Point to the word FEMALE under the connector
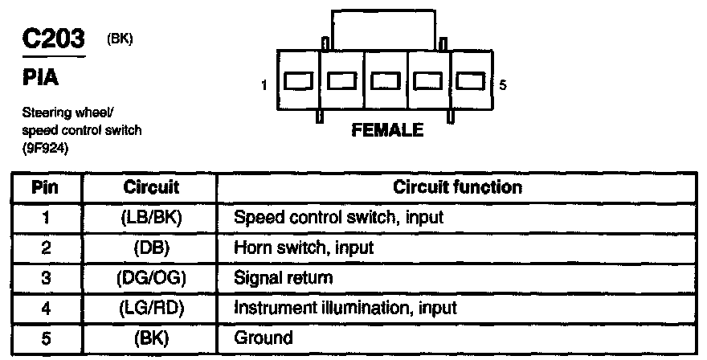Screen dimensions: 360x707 386,130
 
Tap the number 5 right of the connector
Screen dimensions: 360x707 503,84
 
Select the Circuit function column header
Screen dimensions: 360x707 458,187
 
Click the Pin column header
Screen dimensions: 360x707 46,187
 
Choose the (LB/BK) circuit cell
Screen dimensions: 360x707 150,217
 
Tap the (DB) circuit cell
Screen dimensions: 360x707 150,247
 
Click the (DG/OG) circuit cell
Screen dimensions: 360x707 150,277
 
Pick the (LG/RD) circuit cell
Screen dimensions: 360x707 150,308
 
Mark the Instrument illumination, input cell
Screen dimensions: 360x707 345,308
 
